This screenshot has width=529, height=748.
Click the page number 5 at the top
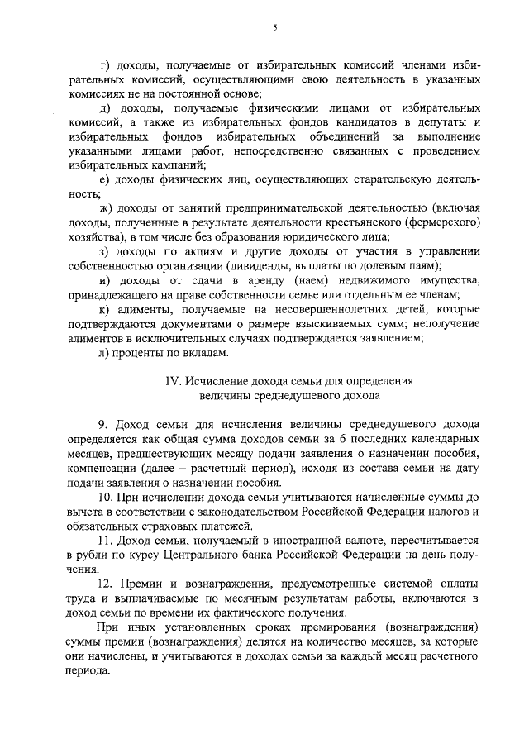274,27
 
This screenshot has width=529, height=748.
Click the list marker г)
104,64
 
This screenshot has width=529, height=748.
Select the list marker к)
104,309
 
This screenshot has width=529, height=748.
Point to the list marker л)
105,352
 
